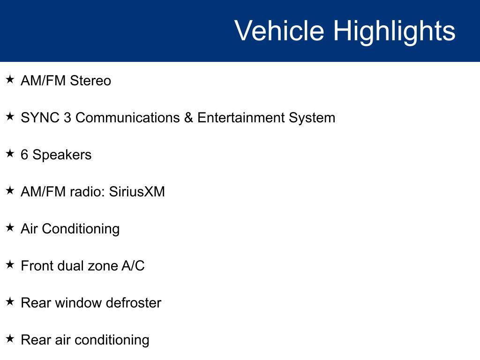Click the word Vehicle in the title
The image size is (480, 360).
pyautogui.click(x=279, y=30)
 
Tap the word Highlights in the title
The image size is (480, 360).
pyautogui.click(x=394, y=32)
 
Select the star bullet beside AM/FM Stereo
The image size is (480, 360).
pyautogui.click(x=10, y=79)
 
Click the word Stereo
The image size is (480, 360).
pyautogui.click(x=90, y=81)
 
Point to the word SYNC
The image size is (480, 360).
pyautogui.click(x=40, y=118)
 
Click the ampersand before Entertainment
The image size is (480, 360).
pyautogui.click(x=188, y=118)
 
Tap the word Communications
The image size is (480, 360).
pyautogui.click(x=127, y=118)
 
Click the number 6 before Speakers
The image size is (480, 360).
pyautogui.click(x=24, y=155)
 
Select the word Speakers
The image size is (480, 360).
pyautogui.click(x=62, y=155)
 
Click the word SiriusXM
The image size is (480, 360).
pyautogui.click(x=137, y=192)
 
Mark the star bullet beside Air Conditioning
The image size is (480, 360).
pyautogui.click(x=10, y=227)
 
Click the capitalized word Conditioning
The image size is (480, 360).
pyautogui.click(x=81, y=229)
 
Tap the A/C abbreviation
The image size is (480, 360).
pyautogui.click(x=133, y=266)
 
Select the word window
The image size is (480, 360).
pyautogui.click(x=78, y=303)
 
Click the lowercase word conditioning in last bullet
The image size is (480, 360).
pyautogui.click(x=112, y=340)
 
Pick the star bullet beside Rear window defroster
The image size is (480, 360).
pyautogui.click(x=10, y=301)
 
